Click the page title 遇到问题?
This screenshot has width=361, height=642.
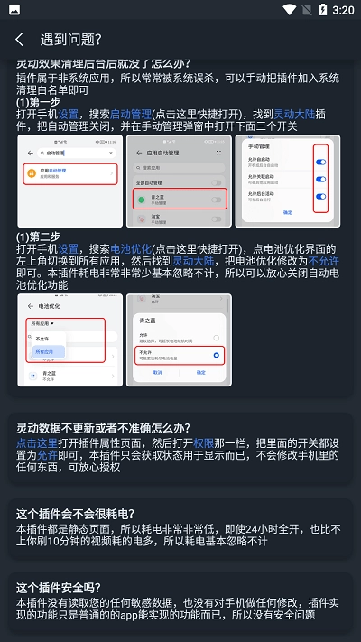(71, 40)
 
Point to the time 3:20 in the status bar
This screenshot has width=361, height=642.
(343, 10)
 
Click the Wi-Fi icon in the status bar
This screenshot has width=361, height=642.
(289, 10)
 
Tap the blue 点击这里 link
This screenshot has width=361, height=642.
(37, 443)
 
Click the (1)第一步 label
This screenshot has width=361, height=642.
(37, 102)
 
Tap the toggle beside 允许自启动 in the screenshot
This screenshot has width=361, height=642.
(321, 162)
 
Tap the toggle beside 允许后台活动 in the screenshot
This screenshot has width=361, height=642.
(321, 197)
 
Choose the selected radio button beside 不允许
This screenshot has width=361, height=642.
(217, 355)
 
